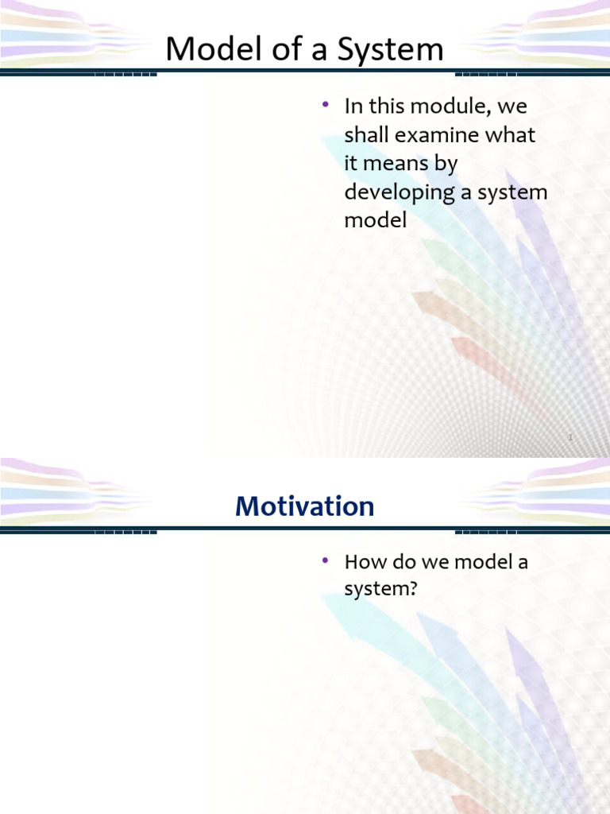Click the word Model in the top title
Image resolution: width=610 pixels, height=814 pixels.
205,50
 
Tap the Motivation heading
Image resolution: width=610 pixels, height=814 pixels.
305,506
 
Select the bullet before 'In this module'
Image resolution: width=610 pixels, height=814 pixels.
326,104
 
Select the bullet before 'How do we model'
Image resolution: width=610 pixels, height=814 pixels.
326,560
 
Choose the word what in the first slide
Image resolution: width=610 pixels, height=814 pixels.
511,135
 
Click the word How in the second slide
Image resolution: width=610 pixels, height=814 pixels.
361,562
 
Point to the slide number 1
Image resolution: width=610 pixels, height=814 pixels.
570,437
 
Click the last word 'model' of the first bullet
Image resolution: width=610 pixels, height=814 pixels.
375,221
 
